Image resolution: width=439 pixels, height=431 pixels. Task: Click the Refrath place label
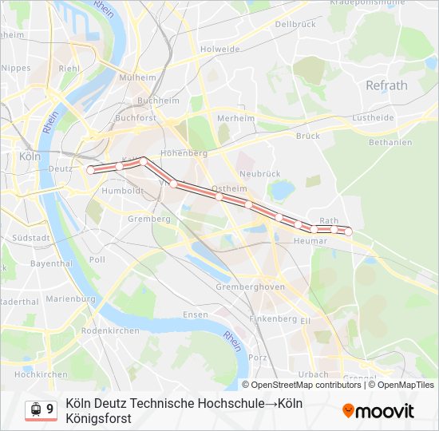click(x=386, y=85)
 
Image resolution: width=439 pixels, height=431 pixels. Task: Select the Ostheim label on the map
click(x=230, y=188)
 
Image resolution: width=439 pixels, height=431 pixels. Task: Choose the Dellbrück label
click(x=295, y=25)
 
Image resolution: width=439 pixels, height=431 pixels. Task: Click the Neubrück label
click(x=259, y=173)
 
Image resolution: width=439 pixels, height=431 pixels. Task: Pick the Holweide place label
click(x=219, y=49)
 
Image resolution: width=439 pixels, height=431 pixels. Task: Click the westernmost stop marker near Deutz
click(x=91, y=169)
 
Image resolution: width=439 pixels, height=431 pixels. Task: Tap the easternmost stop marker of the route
click(x=348, y=231)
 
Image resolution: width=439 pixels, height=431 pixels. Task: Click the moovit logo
click(x=378, y=411)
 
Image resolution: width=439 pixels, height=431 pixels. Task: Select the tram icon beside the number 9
click(x=35, y=409)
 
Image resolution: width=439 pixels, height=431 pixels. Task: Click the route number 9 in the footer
click(x=50, y=409)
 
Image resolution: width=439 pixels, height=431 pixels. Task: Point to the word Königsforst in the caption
click(x=99, y=418)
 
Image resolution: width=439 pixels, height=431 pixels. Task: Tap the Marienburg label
click(x=71, y=299)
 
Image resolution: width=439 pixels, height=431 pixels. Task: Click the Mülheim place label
click(x=137, y=77)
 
